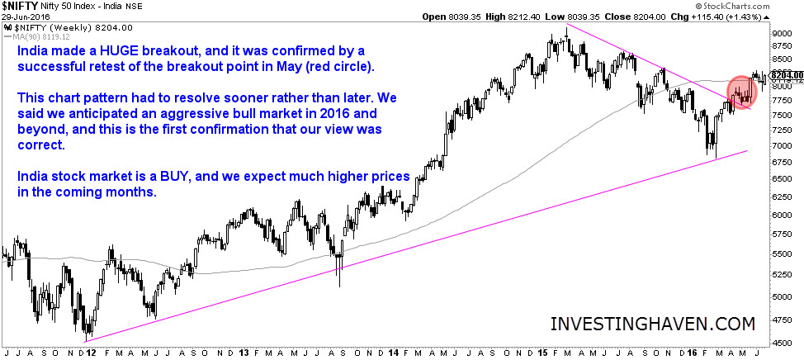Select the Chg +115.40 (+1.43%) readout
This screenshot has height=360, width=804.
752,17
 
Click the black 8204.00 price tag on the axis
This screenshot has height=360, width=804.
787,75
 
